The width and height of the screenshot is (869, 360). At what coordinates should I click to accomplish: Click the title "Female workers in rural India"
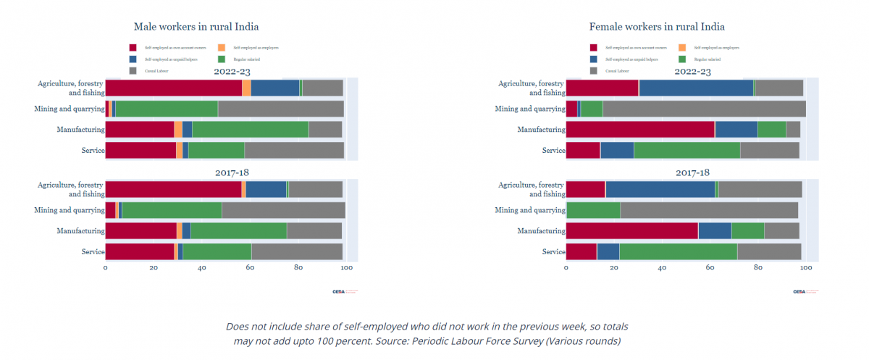(657, 27)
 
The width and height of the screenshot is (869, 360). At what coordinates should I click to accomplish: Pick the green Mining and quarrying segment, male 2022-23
(167, 109)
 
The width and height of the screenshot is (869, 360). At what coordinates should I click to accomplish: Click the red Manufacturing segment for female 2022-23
(640, 130)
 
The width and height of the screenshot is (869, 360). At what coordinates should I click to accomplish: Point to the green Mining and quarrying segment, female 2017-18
(593, 211)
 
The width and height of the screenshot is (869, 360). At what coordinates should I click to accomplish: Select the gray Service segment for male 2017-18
(297, 251)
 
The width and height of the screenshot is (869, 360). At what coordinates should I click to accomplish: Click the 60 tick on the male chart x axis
(250, 268)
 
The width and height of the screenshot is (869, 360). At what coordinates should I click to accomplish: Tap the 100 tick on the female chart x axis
(806, 268)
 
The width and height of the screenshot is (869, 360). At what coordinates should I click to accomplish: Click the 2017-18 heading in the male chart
(232, 173)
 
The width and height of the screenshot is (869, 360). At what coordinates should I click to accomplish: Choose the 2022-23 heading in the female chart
(692, 72)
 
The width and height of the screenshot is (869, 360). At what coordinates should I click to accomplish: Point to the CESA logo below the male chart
(339, 292)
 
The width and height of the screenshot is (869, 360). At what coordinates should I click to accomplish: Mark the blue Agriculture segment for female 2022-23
(696, 88)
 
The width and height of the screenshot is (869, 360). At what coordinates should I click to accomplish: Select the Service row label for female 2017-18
(553, 251)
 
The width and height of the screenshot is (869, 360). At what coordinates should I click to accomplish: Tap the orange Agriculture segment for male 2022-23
(246, 88)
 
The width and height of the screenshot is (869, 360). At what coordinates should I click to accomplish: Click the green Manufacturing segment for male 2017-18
(238, 231)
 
